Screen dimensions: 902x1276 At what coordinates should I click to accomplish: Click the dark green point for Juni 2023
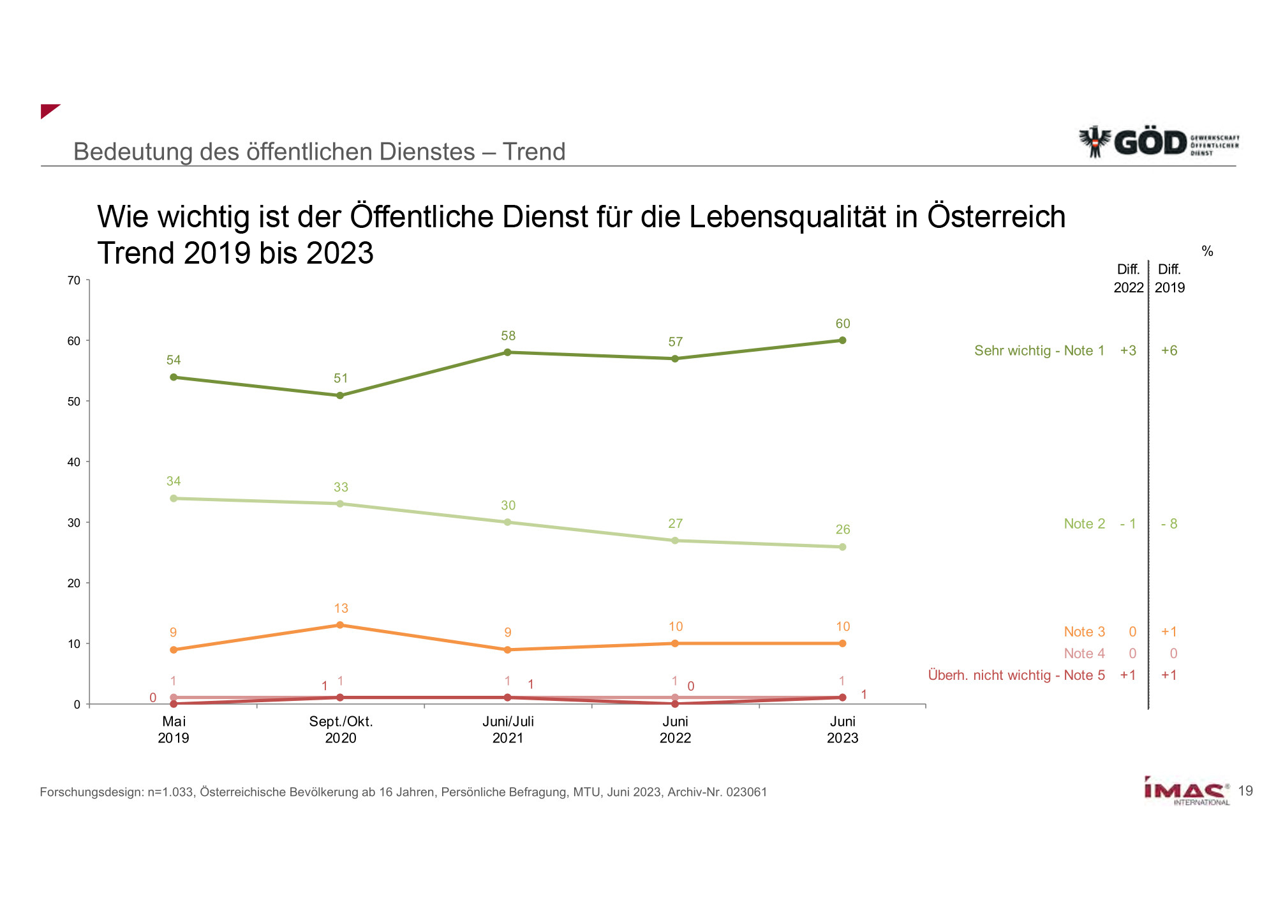(842, 340)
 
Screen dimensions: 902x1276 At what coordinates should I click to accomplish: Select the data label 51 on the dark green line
(341, 379)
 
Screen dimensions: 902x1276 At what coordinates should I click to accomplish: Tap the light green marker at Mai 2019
(174, 498)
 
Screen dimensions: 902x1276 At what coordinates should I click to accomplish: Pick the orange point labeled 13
(340, 625)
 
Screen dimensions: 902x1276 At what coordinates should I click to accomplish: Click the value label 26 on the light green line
(843, 530)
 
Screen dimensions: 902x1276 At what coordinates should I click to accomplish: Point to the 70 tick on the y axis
(74, 280)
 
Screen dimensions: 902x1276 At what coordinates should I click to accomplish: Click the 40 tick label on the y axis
(74, 462)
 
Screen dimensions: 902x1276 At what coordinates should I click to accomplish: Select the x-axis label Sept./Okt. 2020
(341, 730)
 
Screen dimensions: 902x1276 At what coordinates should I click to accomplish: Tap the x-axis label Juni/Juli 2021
(508, 730)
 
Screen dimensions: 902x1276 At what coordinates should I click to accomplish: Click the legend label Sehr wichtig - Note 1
(1039, 350)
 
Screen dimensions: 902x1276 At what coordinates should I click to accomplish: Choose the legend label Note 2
(1084, 523)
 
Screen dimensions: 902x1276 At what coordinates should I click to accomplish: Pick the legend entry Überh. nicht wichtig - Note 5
(1016, 675)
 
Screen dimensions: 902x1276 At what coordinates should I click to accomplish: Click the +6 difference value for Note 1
(1169, 350)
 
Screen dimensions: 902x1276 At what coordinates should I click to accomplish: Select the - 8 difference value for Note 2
(1169, 523)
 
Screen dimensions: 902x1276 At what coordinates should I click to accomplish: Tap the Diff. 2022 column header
(1128, 278)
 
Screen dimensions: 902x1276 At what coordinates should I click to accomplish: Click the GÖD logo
(1158, 142)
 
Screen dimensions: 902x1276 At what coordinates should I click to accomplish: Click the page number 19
(1245, 791)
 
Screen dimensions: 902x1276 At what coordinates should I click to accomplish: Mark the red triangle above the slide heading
(48, 110)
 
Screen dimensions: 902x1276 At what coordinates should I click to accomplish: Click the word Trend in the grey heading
(534, 152)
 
